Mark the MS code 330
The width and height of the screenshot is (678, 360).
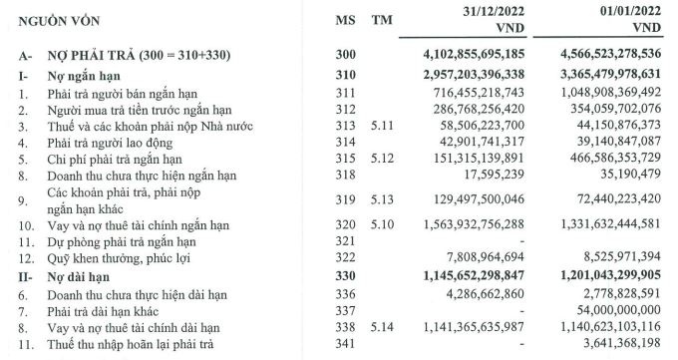pos(344,272)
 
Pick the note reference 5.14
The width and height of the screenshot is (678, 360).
pos(382,326)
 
